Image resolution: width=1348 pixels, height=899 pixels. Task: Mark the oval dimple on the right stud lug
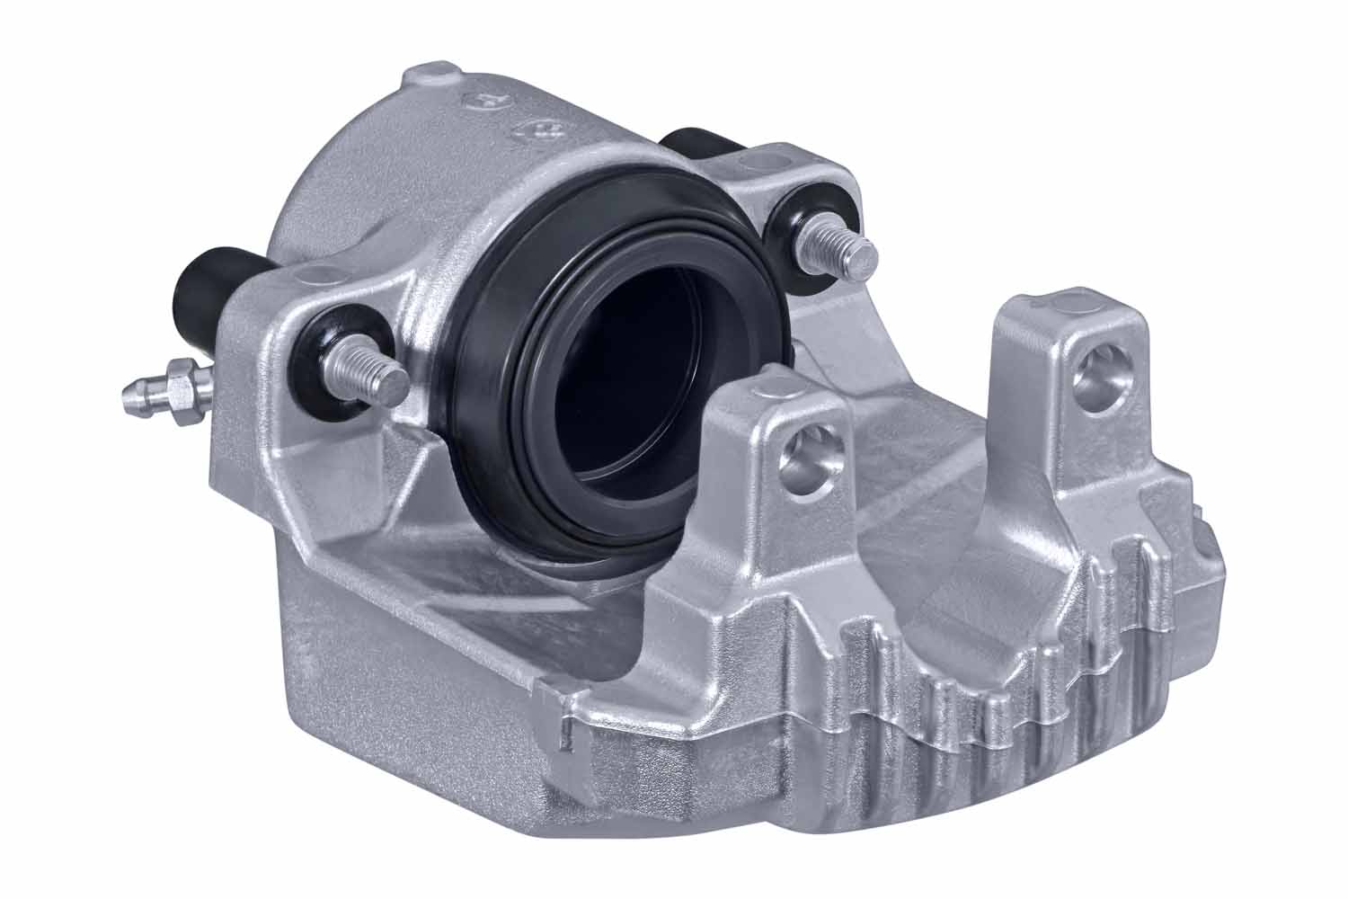[749, 162]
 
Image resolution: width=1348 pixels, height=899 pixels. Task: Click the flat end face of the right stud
[865, 257]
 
